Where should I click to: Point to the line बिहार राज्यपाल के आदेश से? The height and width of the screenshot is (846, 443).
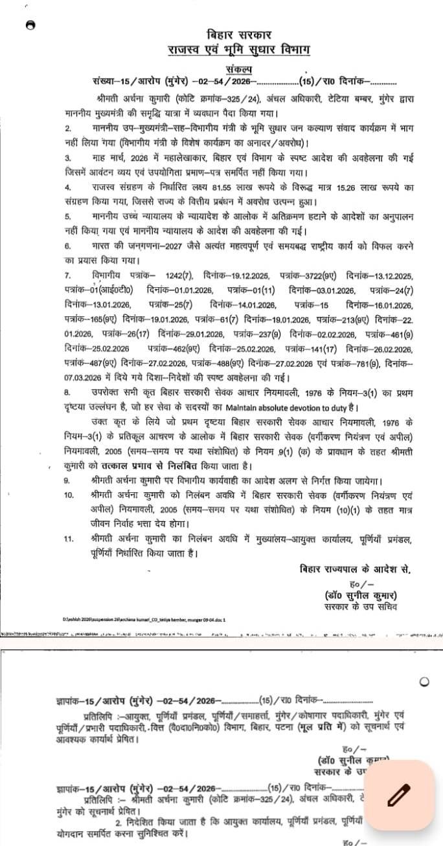(355, 569)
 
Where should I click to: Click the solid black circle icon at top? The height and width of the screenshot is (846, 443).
(28, 25)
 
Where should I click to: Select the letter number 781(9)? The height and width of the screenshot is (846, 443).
(383, 365)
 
